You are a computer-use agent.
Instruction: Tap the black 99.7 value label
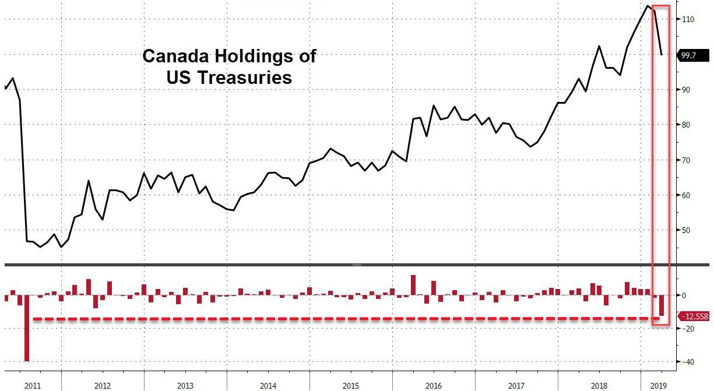693,55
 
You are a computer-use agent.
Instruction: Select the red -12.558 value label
695,316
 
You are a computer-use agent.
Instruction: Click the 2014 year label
268,385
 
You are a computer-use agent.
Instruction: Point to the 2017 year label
516,385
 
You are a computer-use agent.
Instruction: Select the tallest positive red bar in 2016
413,285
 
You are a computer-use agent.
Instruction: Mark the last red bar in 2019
662,305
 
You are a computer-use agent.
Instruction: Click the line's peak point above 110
648,6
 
